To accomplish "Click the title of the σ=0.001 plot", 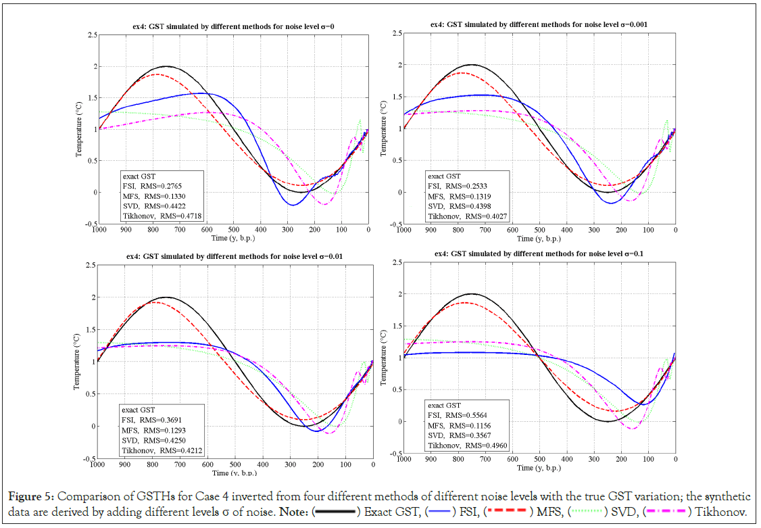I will click(539, 23).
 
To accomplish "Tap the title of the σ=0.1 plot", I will click(539, 254).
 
